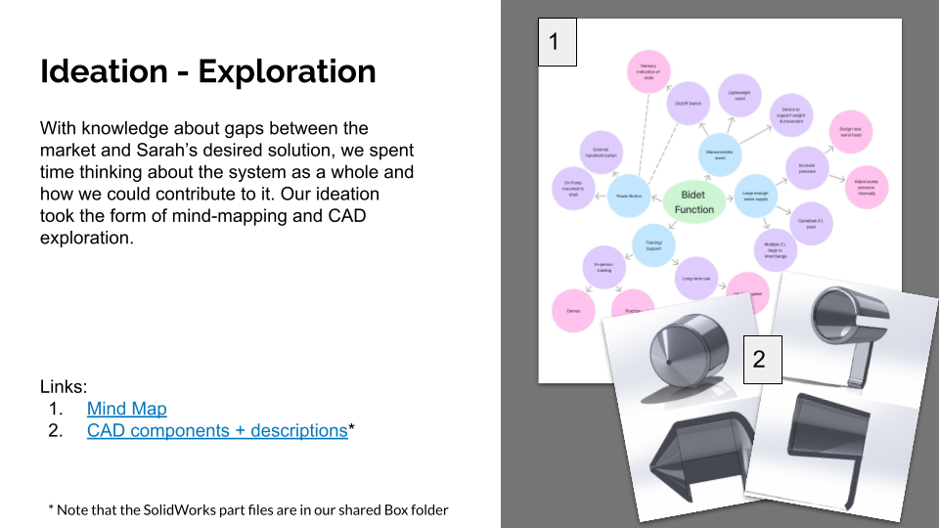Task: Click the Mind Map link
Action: (x=126, y=409)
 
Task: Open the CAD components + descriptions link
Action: (x=217, y=430)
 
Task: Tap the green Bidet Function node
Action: (x=693, y=201)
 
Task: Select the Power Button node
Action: (x=628, y=196)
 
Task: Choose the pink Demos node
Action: (x=573, y=311)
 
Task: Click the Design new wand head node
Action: (x=849, y=131)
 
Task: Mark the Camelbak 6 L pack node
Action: (x=811, y=223)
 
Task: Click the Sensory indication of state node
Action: (x=648, y=71)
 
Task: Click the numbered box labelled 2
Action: (x=759, y=360)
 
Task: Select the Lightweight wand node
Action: (x=739, y=96)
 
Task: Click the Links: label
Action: (x=64, y=386)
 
